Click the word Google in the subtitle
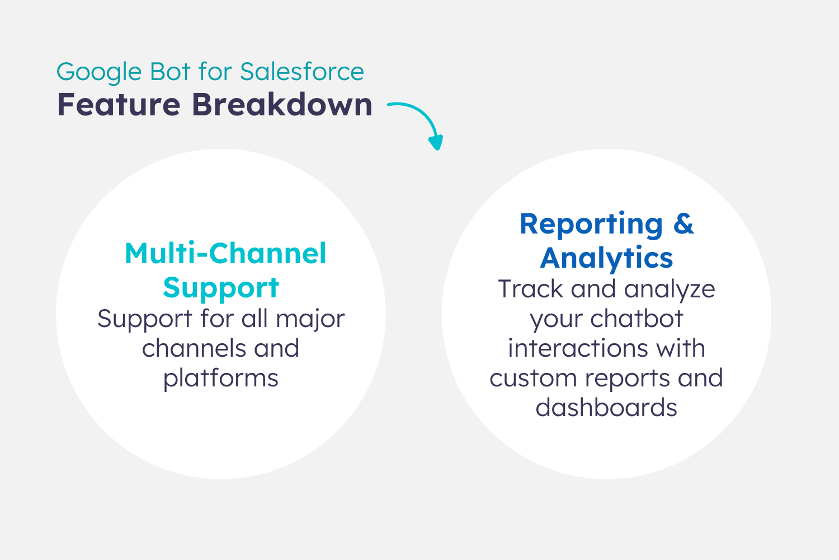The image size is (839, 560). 99,72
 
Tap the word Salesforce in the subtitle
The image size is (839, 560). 302,71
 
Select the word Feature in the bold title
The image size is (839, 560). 119,105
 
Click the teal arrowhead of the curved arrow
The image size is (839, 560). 436,142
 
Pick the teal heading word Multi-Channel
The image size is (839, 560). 225,253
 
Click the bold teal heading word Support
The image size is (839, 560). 221,288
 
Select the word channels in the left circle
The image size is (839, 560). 194,348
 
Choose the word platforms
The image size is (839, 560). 221,379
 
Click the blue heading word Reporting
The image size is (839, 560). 591,225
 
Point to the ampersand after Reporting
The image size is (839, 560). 684,224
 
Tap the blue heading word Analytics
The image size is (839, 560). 606,258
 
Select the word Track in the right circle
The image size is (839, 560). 530,289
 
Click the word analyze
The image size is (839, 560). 670,290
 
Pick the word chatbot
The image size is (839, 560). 637,319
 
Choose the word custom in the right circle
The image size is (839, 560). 533,378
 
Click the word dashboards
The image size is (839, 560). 606,407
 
